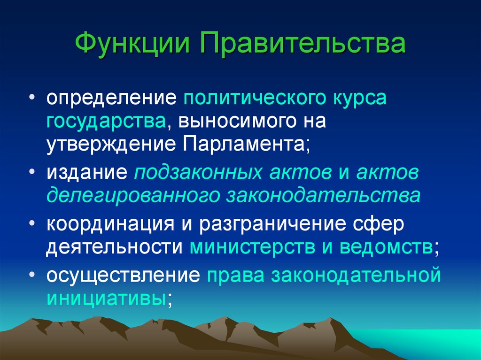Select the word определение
[111, 100]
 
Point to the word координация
[110, 224]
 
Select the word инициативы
[105, 298]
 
